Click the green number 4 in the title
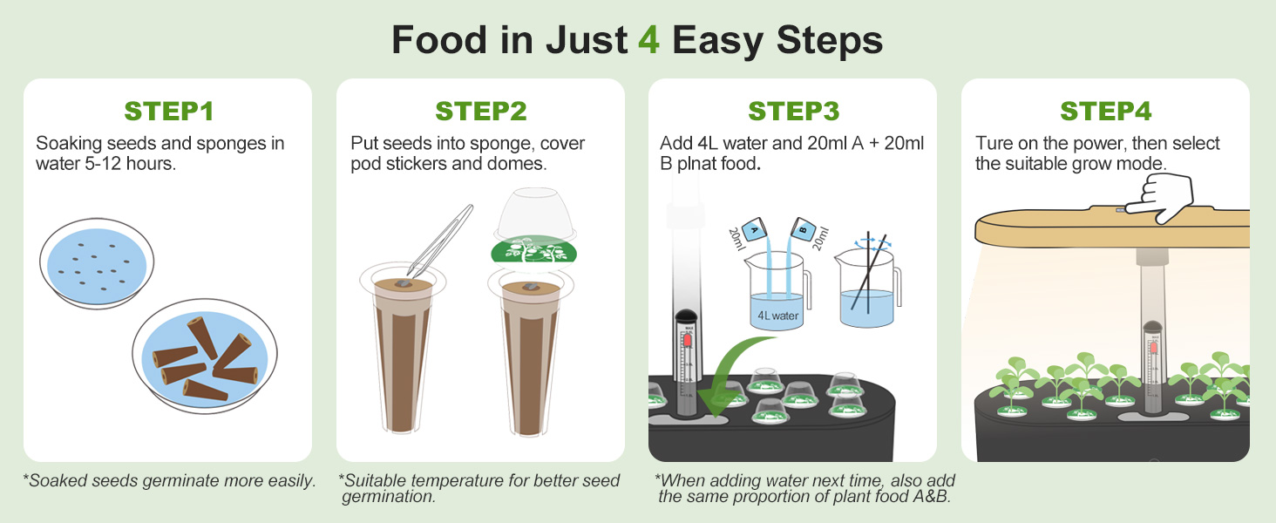coord(648,41)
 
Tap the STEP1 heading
coord(168,112)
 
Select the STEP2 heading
coord(481,112)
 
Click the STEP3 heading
coord(793,112)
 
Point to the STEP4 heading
coord(1105,112)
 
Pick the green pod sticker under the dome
coord(534,251)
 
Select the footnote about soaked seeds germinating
coord(170,480)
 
